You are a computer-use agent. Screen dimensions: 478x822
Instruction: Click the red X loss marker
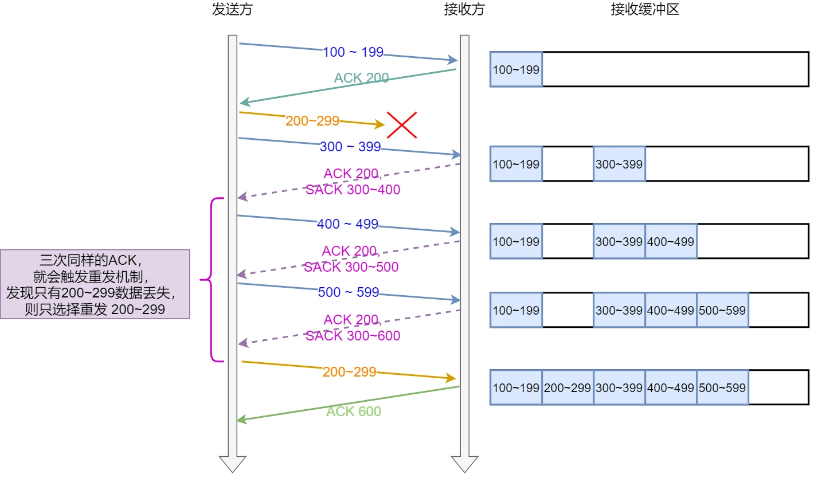click(x=401, y=125)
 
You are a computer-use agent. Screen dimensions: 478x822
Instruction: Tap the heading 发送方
click(x=232, y=10)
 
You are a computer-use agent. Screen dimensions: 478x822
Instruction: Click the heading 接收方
click(x=464, y=10)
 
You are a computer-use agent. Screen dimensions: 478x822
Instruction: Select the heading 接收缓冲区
click(x=645, y=10)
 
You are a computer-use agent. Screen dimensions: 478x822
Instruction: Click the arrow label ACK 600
click(x=354, y=412)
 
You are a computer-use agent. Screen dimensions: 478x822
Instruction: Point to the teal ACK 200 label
click(x=361, y=78)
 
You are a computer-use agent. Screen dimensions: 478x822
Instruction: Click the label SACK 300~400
click(x=353, y=190)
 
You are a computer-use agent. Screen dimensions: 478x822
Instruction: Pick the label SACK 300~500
click(x=351, y=267)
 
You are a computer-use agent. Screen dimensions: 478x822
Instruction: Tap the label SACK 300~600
click(x=353, y=336)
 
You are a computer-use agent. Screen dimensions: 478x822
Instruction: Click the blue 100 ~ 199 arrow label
click(x=353, y=52)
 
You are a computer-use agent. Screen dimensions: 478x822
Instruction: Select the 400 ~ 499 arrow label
click(x=347, y=224)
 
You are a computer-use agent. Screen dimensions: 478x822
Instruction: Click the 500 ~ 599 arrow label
click(x=349, y=292)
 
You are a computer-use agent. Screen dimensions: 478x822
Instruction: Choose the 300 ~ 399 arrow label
click(x=350, y=147)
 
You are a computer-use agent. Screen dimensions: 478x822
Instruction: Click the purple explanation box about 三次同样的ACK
click(x=95, y=284)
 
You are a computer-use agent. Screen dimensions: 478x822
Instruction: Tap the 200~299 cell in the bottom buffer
click(x=567, y=387)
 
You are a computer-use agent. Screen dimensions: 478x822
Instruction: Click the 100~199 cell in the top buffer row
click(x=516, y=70)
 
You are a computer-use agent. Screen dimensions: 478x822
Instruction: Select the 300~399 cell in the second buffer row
click(x=619, y=164)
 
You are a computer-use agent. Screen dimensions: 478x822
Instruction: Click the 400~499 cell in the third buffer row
click(x=671, y=241)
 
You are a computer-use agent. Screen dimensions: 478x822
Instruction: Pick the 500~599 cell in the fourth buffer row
click(x=722, y=310)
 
